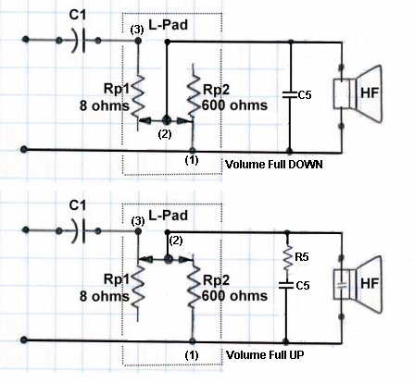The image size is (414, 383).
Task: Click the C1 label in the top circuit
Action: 77,15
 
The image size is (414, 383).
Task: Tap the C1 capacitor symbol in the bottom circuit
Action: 79,230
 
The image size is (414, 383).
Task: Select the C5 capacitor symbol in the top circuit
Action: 290,94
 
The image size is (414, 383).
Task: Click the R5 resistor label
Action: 302,257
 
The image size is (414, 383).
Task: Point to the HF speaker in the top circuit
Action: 358,93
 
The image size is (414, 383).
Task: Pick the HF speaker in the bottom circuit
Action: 358,284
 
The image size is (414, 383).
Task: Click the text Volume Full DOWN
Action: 274,164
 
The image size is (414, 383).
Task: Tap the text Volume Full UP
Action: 265,354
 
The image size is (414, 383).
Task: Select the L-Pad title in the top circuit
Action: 169,24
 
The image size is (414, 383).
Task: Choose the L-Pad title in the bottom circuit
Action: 169,215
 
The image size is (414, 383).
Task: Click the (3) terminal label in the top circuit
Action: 137,30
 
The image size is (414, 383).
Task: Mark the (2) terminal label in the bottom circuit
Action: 176,241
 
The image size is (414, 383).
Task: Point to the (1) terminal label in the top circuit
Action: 192,160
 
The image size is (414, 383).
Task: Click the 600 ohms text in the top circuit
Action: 234,105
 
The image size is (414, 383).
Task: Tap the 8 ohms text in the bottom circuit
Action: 105,296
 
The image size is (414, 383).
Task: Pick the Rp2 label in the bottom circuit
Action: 217,280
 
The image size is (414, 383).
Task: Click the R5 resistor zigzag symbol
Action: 288,256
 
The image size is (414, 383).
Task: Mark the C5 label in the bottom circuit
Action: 303,285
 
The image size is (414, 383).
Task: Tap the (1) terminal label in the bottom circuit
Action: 192,355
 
